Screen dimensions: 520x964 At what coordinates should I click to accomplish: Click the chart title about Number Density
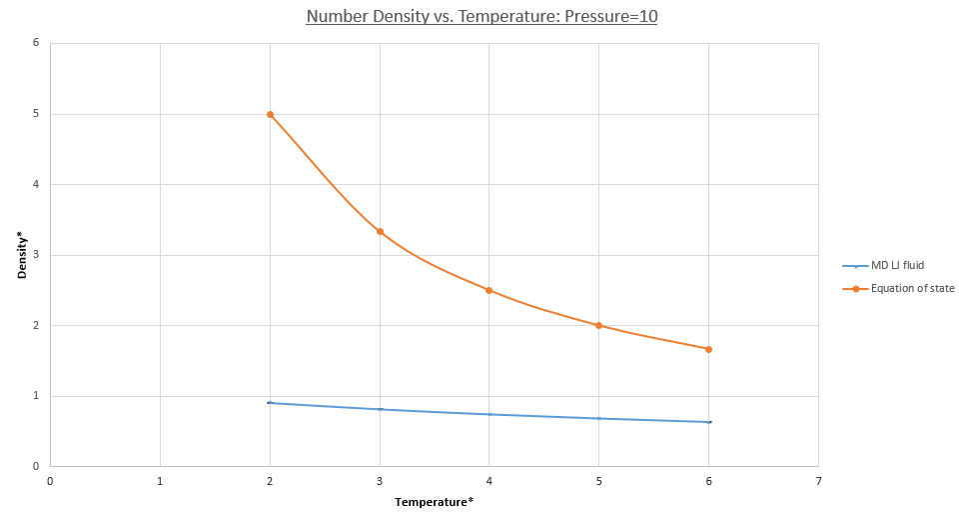(x=482, y=17)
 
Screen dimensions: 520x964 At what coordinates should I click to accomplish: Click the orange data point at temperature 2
(x=270, y=114)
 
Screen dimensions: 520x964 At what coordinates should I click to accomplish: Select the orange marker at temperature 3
(x=380, y=231)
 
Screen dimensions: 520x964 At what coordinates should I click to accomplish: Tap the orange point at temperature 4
(x=488, y=290)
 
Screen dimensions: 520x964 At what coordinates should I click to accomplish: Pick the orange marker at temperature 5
(x=598, y=325)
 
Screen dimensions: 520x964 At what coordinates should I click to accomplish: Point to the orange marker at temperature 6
(x=708, y=349)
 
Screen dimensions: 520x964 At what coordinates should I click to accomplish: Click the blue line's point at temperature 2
(x=270, y=402)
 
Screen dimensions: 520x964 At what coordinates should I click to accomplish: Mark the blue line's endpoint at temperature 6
(x=708, y=422)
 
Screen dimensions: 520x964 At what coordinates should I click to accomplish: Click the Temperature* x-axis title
(x=434, y=501)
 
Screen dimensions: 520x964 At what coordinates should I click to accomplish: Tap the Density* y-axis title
(x=21, y=255)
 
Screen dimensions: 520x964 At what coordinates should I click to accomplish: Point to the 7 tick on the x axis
(x=818, y=480)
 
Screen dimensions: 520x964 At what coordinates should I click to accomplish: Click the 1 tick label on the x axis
(x=160, y=480)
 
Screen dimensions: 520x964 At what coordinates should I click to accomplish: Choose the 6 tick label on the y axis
(x=35, y=43)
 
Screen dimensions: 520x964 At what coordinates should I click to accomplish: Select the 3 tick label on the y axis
(x=35, y=255)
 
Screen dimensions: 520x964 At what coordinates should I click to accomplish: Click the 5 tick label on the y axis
(x=35, y=114)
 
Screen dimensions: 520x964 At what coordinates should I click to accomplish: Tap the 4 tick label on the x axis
(x=488, y=480)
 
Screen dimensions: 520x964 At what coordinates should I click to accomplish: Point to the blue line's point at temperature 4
(x=488, y=414)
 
